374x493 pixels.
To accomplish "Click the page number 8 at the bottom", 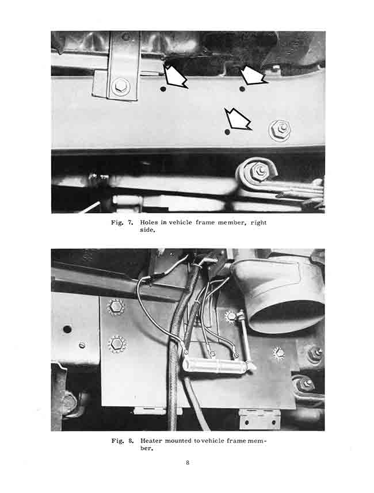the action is tap(188, 463).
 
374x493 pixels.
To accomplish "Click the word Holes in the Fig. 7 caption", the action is tap(149, 222).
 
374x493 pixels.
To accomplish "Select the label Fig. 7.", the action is tap(122, 223).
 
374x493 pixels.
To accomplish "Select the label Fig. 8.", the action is tap(123, 441).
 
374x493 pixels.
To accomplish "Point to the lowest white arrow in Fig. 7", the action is tap(238, 119).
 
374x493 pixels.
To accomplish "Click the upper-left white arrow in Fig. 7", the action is tap(174, 76).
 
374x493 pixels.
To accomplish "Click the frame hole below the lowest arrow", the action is tap(228, 131).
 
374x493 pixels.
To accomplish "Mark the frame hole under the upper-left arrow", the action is tap(163, 89).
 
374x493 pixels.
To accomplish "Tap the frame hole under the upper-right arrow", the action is tap(242, 89).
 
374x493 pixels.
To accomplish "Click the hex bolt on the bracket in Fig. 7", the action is tap(120, 86).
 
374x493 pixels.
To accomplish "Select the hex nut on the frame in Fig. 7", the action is tap(280, 129).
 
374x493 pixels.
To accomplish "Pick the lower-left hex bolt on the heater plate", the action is tap(117, 343).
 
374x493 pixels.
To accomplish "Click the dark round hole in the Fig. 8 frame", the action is tap(67, 330).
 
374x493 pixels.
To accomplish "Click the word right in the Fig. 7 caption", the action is tap(258, 223).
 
